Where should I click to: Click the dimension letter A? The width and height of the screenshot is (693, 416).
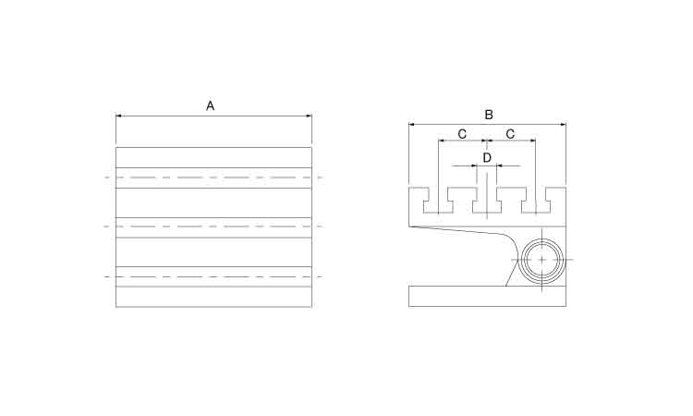[211, 106]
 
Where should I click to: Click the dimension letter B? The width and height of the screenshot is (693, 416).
[489, 115]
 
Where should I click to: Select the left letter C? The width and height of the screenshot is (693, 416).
[462, 134]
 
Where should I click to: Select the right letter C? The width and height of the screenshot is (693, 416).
[510, 134]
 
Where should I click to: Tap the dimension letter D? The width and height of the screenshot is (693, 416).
[487, 158]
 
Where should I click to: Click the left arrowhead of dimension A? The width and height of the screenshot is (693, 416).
[118, 116]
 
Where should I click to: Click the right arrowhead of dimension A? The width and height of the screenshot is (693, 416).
[309, 116]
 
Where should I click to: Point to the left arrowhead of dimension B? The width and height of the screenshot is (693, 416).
[411, 125]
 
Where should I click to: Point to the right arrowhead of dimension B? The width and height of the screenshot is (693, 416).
[563, 125]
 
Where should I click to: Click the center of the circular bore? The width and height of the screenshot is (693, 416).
[541, 260]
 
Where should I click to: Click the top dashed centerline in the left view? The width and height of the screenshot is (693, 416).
[214, 177]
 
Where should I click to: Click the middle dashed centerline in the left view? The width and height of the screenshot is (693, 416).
[214, 226]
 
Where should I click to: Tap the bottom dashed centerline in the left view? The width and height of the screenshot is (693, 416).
[214, 277]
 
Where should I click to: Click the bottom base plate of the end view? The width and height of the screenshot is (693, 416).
[488, 296]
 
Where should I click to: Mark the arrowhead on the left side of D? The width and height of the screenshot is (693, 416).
[475, 165]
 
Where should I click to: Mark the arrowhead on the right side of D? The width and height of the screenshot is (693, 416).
[499, 165]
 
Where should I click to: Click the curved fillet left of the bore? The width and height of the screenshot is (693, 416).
[513, 242]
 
